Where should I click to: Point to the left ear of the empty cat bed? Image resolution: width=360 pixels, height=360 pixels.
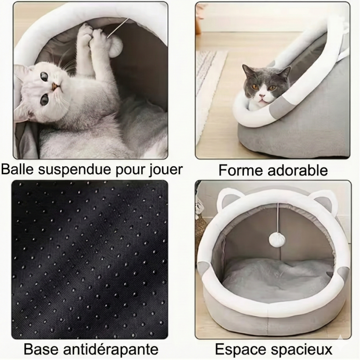(227, 198)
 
